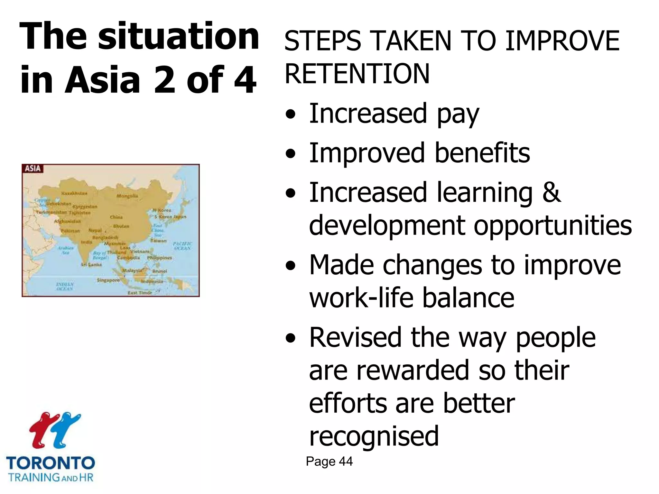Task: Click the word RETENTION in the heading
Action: pyautogui.click(x=357, y=74)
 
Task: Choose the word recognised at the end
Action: pyautogui.click(x=374, y=436)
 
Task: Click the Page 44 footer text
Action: pyautogui.click(x=329, y=462)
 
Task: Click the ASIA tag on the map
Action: pyautogui.click(x=33, y=169)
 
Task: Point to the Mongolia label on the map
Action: pyautogui.click(x=127, y=196)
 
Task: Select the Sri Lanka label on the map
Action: pyautogui.click(x=91, y=265)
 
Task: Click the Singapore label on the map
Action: pyautogui.click(x=108, y=280)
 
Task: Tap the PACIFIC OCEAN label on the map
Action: pyautogui.click(x=182, y=246)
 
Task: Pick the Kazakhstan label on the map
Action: pyautogui.click(x=74, y=193)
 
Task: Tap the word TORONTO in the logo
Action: pyautogui.click(x=51, y=463)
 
